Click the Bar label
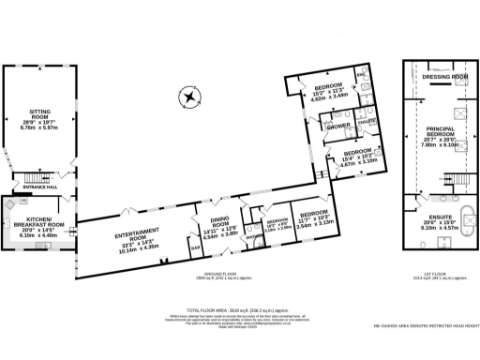pos(194,248)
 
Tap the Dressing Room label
pos(444,76)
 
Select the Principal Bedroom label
pos(444,137)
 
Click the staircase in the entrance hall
pos(37,175)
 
